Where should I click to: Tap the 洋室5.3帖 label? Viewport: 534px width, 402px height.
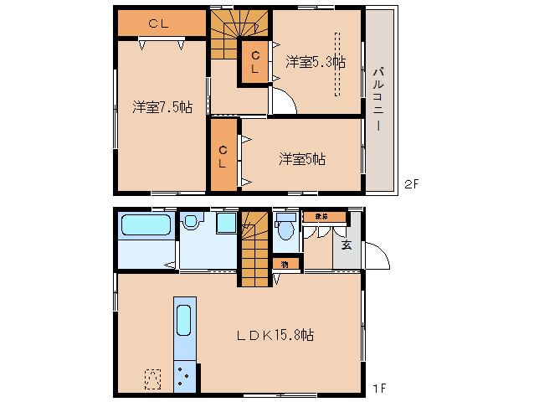316,61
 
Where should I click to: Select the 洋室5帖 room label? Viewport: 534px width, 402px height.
302,158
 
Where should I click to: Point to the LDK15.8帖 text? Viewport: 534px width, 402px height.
274,335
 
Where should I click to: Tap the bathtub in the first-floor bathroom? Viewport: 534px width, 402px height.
146,225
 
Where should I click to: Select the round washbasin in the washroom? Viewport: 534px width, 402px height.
191,222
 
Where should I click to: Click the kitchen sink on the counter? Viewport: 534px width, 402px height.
184,322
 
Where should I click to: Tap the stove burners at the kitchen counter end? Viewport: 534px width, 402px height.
184,376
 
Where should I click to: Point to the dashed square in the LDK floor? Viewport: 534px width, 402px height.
153,379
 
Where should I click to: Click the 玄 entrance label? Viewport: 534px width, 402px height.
345,245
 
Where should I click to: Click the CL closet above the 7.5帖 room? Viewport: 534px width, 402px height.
160,24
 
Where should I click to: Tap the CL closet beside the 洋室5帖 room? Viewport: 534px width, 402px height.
223,157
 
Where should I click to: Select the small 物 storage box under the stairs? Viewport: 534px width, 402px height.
285,265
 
